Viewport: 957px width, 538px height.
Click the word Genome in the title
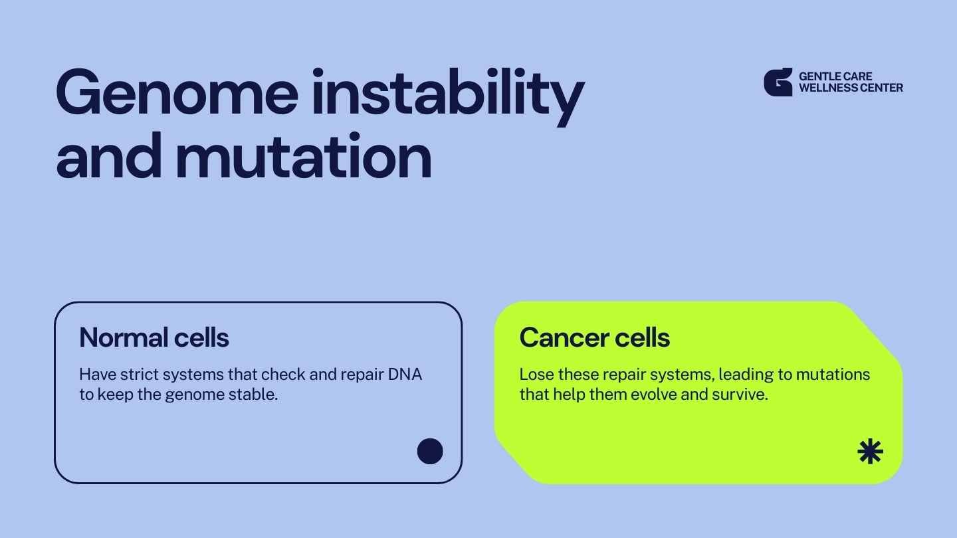(177, 92)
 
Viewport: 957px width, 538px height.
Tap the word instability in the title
(448, 96)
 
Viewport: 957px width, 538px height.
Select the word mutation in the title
(304, 156)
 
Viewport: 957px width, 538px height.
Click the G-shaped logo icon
(778, 82)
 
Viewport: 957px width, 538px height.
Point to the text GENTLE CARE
(835, 76)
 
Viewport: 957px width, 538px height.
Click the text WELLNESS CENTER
(851, 88)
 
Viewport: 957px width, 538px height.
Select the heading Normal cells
(154, 337)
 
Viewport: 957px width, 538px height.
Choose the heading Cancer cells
(594, 337)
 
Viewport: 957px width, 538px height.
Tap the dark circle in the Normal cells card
(430, 451)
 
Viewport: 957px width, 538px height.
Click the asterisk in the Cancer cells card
(870, 451)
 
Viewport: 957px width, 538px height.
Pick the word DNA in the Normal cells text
(405, 375)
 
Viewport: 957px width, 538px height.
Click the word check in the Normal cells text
(283, 375)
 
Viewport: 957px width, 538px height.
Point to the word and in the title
(109, 156)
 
